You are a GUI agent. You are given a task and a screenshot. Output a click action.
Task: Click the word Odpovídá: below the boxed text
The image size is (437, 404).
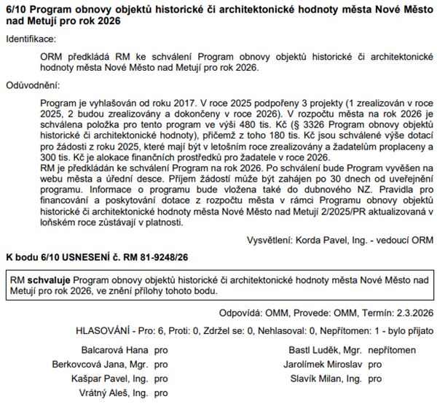pyautogui.click(x=248, y=314)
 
